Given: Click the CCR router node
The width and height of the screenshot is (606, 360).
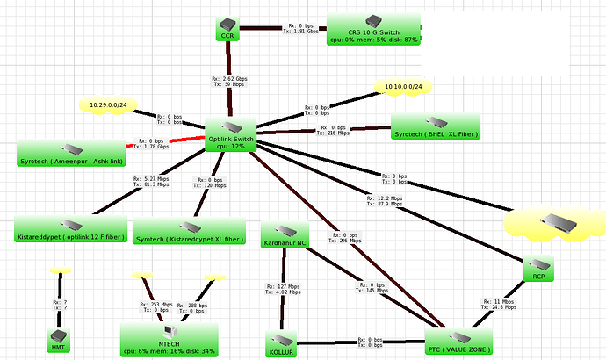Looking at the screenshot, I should coord(227,27).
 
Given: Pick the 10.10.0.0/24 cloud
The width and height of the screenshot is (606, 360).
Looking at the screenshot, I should coord(403,87).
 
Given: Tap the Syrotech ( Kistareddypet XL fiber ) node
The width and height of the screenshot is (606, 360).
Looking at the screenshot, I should coord(190,230).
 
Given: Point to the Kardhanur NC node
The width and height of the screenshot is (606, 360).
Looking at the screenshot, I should coord(285,234).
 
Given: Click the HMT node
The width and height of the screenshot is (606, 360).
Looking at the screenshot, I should coord(59,340).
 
